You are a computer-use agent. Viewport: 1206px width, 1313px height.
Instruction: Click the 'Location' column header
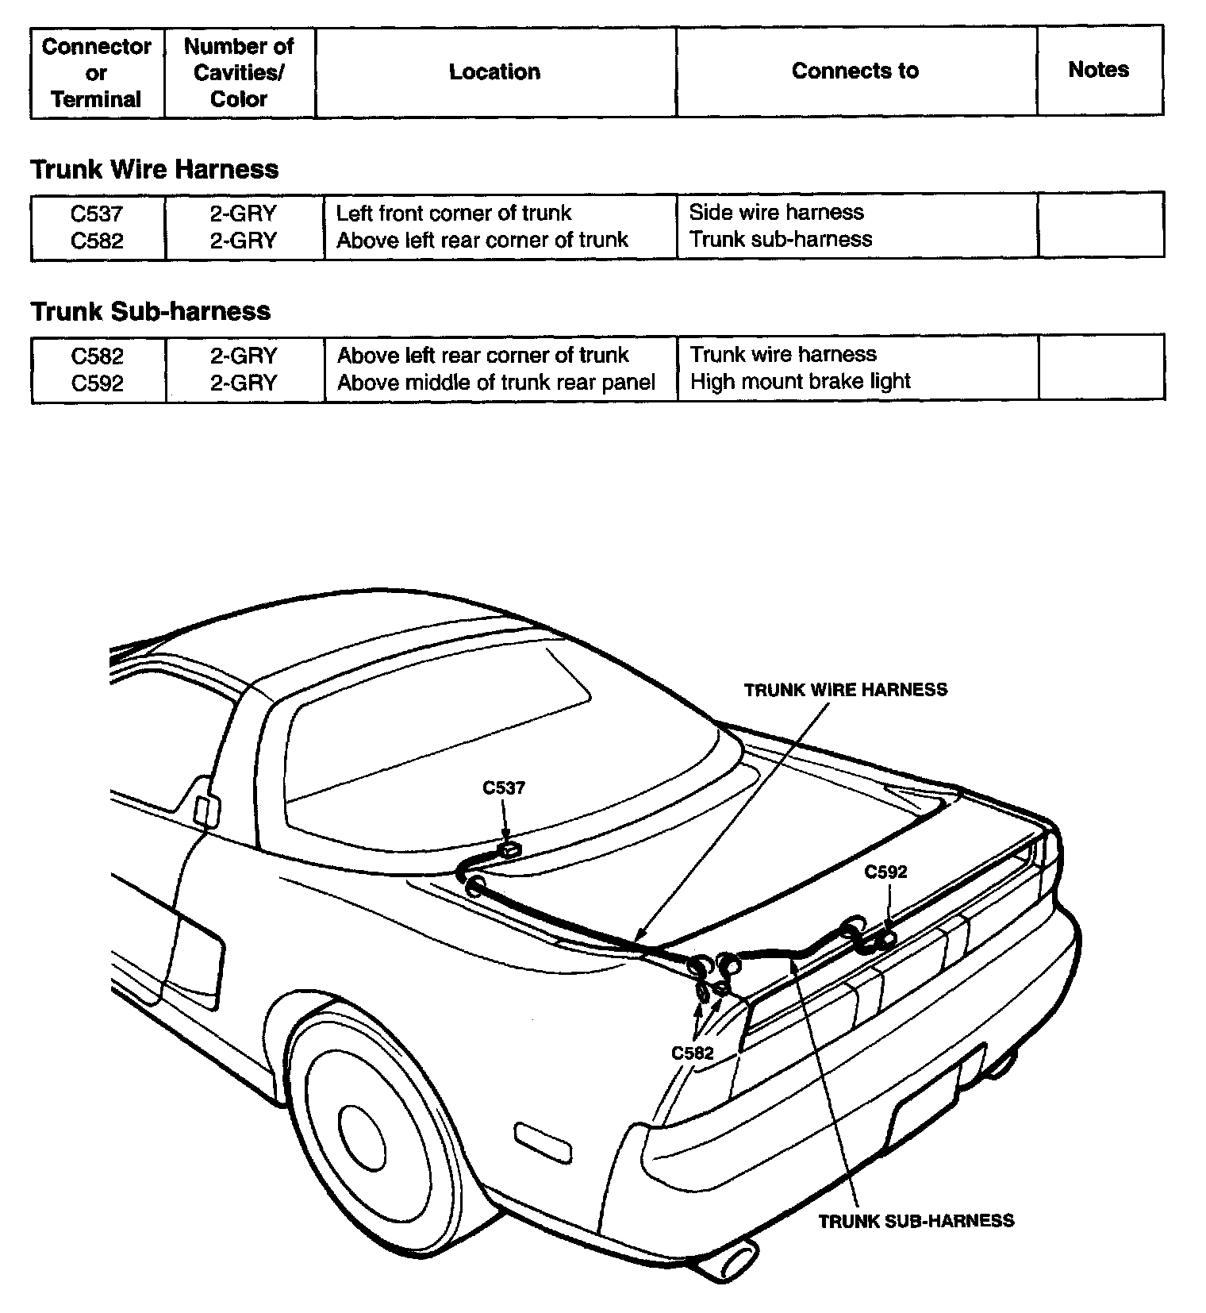494,72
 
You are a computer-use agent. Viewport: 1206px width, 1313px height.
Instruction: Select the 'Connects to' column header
855,71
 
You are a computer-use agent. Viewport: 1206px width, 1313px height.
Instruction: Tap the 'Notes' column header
1098,70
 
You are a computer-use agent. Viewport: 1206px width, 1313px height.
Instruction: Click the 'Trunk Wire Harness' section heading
155,169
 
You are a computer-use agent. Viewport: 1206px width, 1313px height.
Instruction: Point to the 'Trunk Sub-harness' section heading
151,311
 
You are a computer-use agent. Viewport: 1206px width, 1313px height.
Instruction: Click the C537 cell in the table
97,213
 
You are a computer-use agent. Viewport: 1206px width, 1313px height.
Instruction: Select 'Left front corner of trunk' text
454,213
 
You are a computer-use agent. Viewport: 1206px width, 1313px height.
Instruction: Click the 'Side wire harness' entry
776,212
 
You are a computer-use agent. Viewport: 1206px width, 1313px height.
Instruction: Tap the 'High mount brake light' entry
800,382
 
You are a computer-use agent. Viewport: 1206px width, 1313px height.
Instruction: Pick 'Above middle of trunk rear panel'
496,383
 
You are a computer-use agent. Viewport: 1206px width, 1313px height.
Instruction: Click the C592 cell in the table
97,383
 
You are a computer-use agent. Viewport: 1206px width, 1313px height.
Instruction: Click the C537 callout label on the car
504,788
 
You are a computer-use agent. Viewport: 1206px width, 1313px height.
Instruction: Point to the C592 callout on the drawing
885,872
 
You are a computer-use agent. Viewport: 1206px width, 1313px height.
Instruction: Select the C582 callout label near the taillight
693,1053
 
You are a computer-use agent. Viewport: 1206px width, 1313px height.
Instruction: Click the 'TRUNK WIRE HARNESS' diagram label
846,690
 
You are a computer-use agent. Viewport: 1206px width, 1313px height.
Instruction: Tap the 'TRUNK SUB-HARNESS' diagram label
916,1221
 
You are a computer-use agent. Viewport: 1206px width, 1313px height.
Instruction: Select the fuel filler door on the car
206,808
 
